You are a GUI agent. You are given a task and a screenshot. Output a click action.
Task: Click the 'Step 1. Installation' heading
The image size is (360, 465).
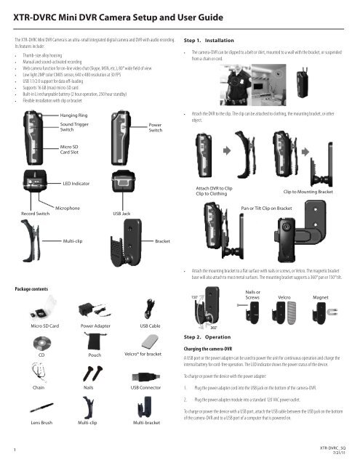tap(209, 41)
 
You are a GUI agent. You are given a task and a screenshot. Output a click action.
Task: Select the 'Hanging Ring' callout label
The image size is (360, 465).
tap(75, 116)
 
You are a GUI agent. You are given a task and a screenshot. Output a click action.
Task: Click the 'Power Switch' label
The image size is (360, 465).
tap(156, 128)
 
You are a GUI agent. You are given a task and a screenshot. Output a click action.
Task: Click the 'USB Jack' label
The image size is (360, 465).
tap(121, 215)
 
